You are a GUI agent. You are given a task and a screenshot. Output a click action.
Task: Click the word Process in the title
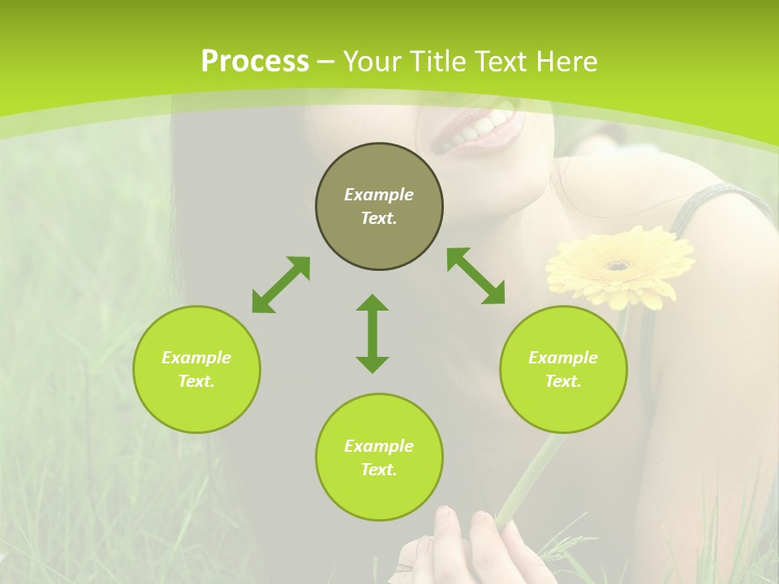point(255,62)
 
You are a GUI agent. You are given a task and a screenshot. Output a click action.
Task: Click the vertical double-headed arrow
point(372,333)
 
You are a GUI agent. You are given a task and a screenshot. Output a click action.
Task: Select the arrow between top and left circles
point(281,285)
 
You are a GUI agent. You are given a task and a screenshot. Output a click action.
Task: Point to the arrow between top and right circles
point(476,276)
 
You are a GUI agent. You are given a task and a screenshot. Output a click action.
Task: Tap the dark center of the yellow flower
point(619,264)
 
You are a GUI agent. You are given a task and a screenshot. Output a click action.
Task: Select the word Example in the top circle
point(379,195)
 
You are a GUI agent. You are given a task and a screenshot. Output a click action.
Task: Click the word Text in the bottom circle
point(379,470)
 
